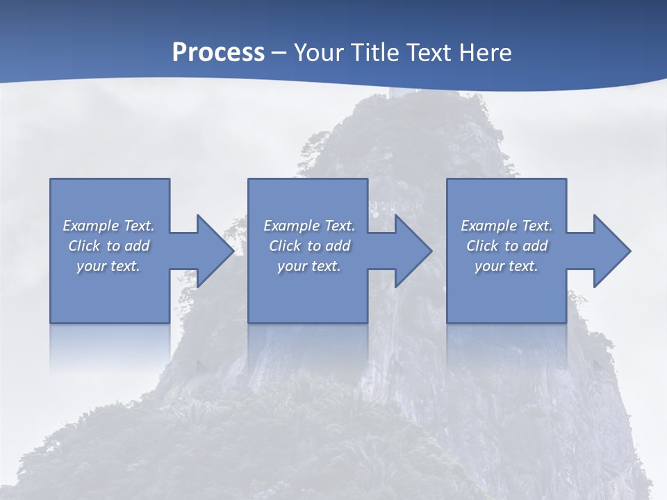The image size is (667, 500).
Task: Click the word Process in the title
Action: point(218,53)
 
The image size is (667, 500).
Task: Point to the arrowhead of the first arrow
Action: point(215,251)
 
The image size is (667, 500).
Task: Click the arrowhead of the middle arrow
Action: point(413,251)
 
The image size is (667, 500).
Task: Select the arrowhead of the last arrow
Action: point(612,251)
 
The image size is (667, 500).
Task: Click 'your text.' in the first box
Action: point(108,266)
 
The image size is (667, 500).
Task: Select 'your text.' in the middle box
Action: point(309,266)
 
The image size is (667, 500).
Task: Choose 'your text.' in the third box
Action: point(507,266)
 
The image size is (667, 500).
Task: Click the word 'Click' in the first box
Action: point(83,246)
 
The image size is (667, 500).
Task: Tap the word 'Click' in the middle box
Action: point(284,246)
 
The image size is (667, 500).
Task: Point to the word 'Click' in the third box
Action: point(481,246)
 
